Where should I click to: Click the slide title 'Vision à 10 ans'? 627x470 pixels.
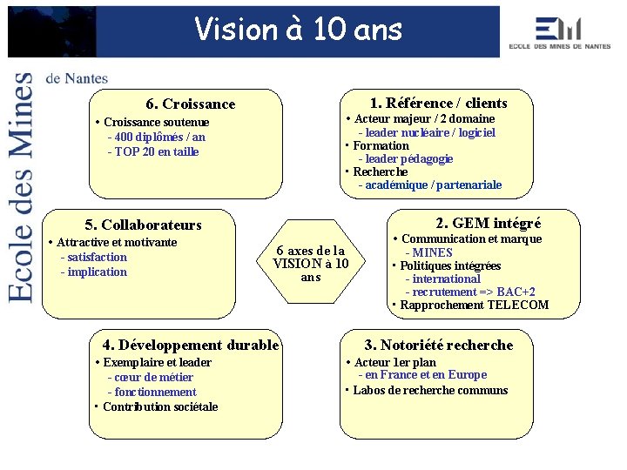(299, 30)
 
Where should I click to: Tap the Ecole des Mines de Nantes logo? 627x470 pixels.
(560, 33)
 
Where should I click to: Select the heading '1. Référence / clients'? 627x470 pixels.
(438, 103)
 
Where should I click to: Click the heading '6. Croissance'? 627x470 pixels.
(191, 104)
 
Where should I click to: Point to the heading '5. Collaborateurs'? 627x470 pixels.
(143, 225)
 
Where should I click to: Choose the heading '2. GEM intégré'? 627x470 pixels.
(489, 223)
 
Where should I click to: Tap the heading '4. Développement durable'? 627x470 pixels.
(191, 345)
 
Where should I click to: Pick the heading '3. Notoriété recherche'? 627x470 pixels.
(438, 345)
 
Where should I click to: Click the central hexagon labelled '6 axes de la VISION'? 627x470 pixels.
(311, 263)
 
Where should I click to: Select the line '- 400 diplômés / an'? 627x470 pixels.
(156, 137)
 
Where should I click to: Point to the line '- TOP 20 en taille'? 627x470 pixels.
(152, 151)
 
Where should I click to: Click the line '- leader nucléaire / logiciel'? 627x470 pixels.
(427, 132)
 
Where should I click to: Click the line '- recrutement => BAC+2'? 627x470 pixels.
(470, 292)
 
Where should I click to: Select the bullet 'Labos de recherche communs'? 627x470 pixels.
(430, 390)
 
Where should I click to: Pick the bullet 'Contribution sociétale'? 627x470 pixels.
(160, 406)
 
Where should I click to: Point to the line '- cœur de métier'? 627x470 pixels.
(151, 377)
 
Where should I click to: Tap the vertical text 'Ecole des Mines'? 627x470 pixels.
(23, 187)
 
